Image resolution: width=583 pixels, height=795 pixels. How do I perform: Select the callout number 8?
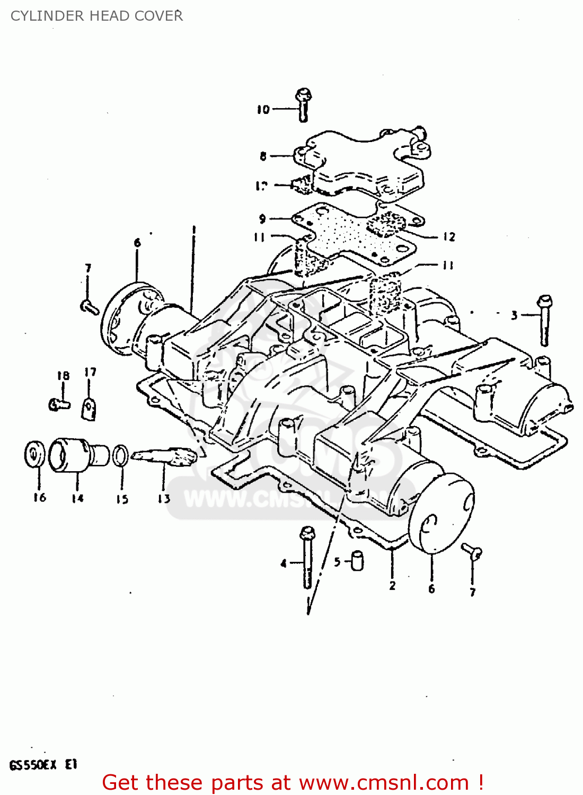263,156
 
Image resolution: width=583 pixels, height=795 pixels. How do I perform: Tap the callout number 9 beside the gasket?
262,219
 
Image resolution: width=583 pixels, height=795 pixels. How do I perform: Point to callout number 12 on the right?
449,237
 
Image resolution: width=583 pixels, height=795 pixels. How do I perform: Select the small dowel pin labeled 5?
358,560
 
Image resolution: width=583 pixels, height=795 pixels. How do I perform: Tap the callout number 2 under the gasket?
392,586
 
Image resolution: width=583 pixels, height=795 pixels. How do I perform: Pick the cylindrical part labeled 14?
77,455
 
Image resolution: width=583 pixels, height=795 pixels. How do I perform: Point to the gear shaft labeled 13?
164,456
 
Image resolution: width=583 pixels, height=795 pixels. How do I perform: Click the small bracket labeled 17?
90,409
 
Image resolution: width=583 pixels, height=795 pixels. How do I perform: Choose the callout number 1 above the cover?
193,230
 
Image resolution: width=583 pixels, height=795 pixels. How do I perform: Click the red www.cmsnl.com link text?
384,782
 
